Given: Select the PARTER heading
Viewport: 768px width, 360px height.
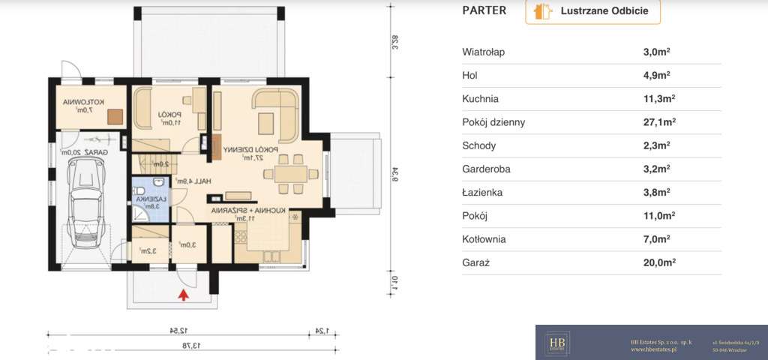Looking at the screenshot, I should pyautogui.click(x=484, y=10).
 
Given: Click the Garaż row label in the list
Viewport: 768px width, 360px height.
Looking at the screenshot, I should pyautogui.click(x=475, y=262).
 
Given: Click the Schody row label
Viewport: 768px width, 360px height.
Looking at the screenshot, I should pyautogui.click(x=479, y=145).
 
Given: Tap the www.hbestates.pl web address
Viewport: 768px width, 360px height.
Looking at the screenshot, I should pyautogui.click(x=654, y=349).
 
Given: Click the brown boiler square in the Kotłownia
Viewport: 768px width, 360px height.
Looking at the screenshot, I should pyautogui.click(x=115, y=115).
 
